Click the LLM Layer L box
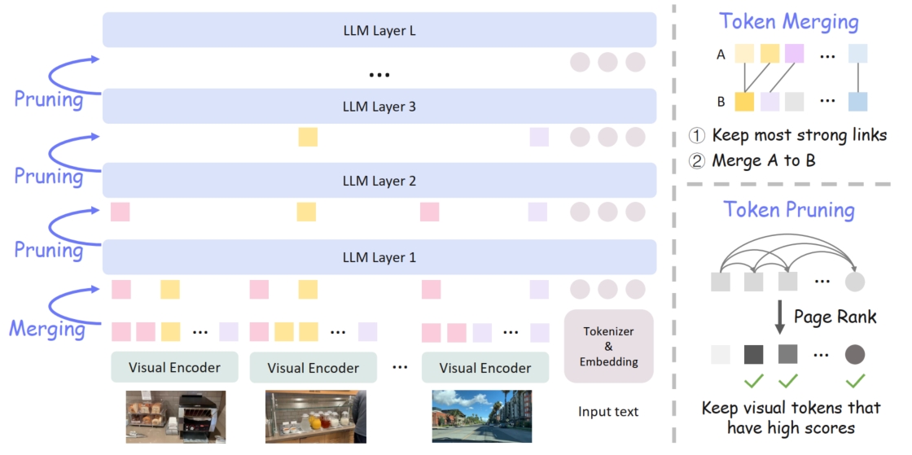coord(379,30)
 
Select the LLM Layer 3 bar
coord(379,106)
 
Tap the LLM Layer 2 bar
coord(379,181)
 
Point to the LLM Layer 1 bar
coord(379,257)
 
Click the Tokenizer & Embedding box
coord(609,346)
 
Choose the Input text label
coord(608,411)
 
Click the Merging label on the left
coord(47,329)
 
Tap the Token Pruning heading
coord(790,210)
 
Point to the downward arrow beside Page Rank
coord(779,316)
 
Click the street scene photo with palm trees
coord(481,416)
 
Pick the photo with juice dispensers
coord(315,417)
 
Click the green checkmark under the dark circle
coord(855,380)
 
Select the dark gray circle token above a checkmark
coord(855,355)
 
